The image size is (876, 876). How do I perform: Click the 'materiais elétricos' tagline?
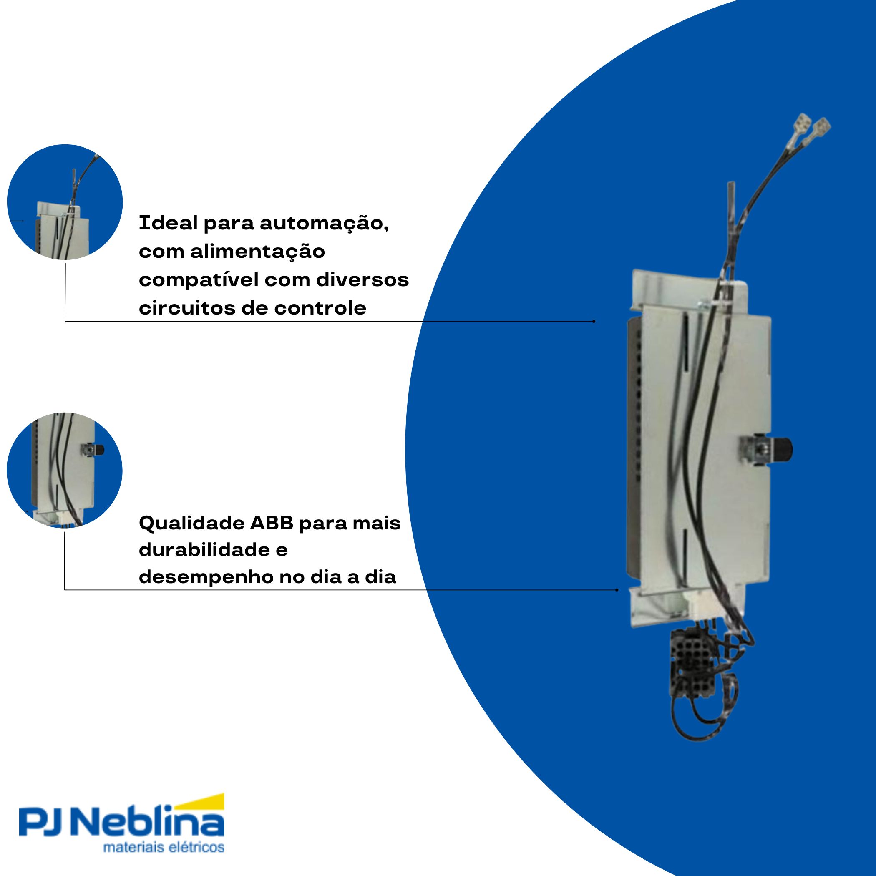tap(164, 847)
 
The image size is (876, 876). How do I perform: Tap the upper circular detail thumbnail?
tap(65, 202)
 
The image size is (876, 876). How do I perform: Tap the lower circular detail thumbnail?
tap(64, 470)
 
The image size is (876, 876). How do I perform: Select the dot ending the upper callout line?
tap(594, 322)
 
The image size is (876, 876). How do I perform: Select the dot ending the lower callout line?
tap(617, 590)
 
